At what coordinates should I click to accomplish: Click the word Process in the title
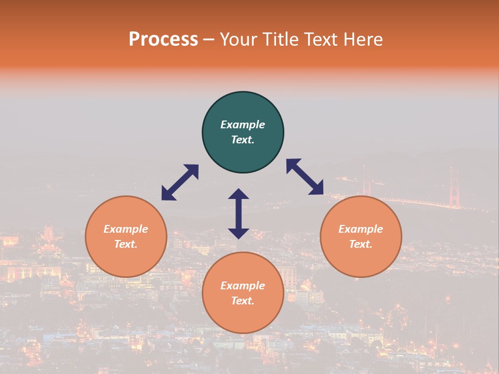tap(163, 39)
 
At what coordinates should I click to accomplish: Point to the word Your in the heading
tap(237, 39)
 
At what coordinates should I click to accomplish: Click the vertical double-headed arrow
tap(239, 213)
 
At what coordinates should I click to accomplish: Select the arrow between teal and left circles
tap(180, 182)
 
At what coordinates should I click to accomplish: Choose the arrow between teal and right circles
tap(305, 177)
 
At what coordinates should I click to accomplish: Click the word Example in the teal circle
tap(243, 125)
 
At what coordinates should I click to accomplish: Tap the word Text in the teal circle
tap(243, 140)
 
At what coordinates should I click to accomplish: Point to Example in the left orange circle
tap(126, 229)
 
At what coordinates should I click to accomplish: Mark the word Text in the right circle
tap(361, 244)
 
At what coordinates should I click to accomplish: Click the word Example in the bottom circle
tap(243, 286)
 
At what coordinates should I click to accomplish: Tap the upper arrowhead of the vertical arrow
tap(239, 194)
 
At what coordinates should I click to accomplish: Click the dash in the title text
tap(209, 39)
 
